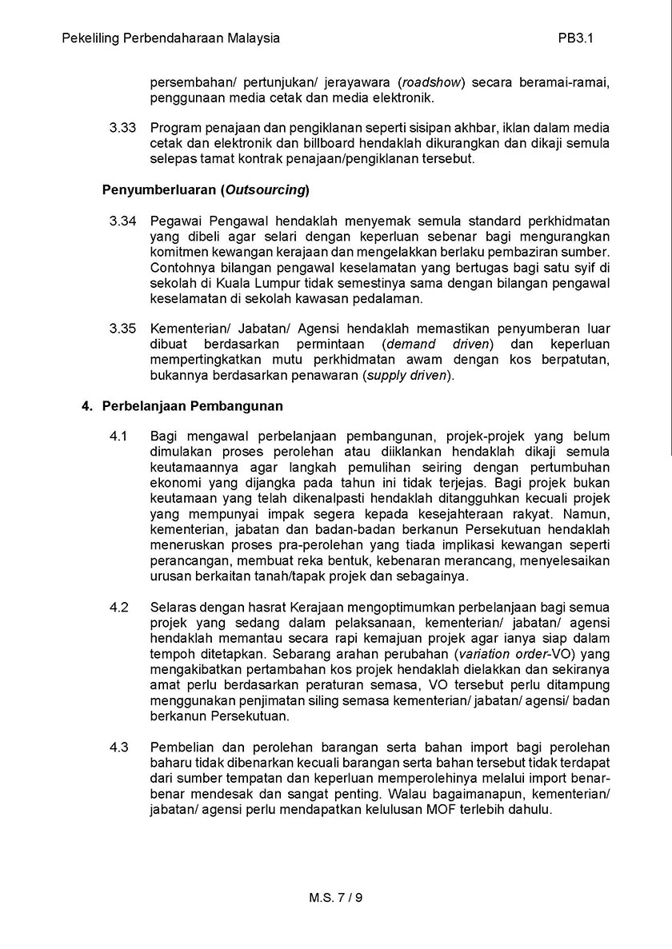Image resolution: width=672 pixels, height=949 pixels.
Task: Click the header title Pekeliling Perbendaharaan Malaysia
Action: (x=170, y=38)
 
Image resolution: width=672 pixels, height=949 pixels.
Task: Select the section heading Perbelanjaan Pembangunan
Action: (x=192, y=405)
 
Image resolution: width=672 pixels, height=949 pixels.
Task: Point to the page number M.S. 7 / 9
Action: (x=336, y=897)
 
